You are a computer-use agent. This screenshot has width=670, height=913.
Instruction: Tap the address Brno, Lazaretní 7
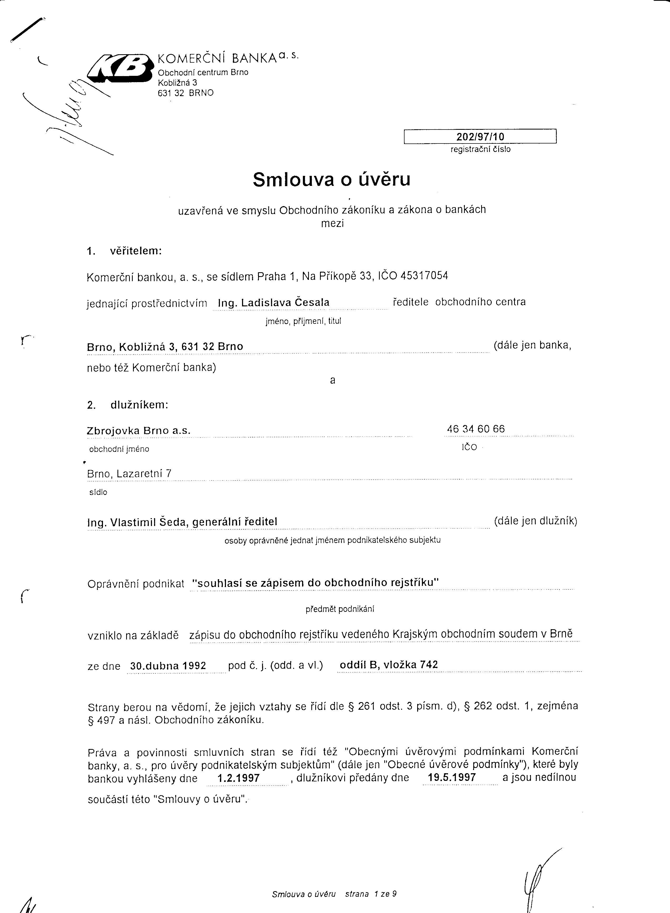129,474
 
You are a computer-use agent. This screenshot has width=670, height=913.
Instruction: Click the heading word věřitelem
136,251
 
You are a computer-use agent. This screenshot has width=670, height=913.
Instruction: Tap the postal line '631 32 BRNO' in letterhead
185,93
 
